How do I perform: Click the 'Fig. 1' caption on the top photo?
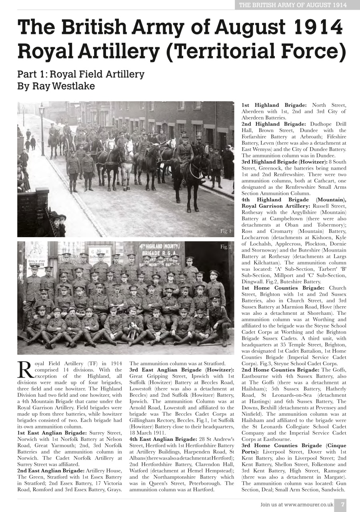point(226,231)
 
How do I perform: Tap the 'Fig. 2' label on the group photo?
point(226,247)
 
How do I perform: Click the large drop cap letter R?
point(25,370)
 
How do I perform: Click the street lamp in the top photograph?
point(42,128)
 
